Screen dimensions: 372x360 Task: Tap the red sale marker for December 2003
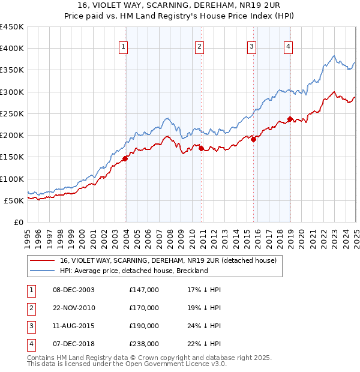pyautogui.click(x=125, y=158)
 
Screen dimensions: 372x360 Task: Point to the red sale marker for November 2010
pyautogui.click(x=201, y=148)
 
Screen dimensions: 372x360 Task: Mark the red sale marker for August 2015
pyautogui.click(x=253, y=139)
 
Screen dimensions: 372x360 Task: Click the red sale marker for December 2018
pyautogui.click(x=290, y=119)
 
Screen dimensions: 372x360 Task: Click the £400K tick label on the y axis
pyautogui.click(x=11, y=49)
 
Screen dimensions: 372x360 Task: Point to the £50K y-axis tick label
pyautogui.click(x=14, y=200)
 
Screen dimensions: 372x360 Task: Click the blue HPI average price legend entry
pyautogui.click(x=133, y=271)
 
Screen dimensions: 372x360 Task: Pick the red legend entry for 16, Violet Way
pyautogui.click(x=167, y=260)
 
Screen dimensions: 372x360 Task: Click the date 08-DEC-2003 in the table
pyautogui.click(x=74, y=290)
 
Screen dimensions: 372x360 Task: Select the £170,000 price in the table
pyautogui.click(x=144, y=308)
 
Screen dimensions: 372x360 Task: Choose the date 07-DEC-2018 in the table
pyautogui.click(x=74, y=344)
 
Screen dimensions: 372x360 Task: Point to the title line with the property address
pyautogui.click(x=180, y=6)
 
